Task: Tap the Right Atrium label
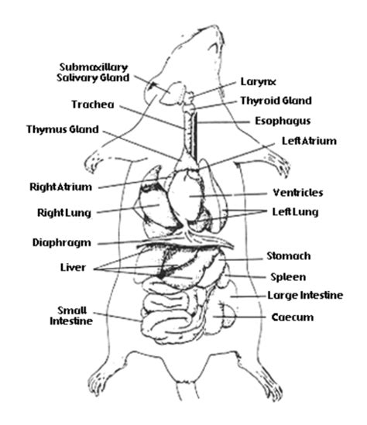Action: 61,187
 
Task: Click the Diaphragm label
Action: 62,242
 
